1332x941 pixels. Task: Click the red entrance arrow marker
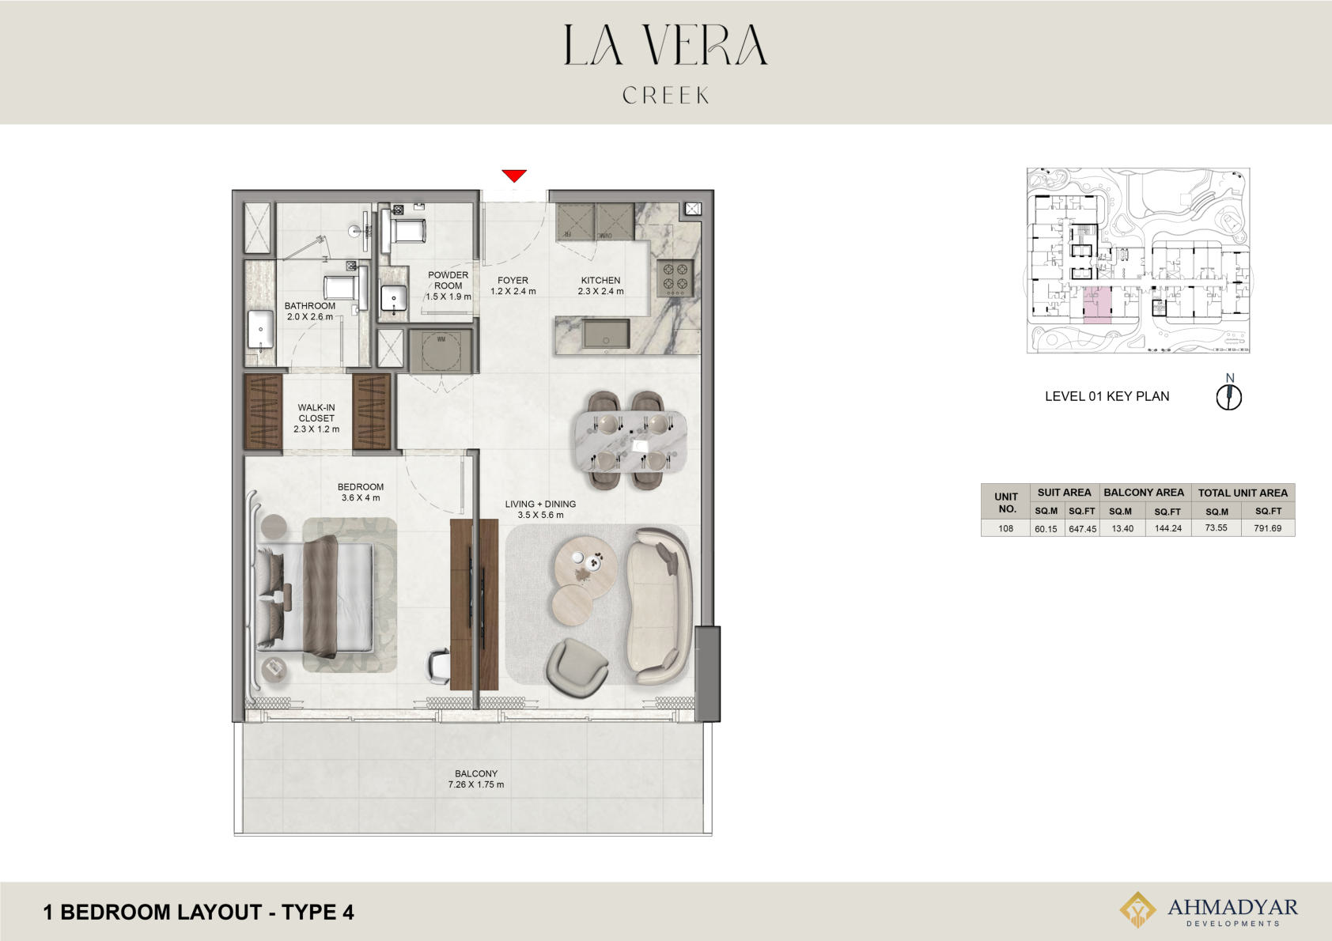[x=514, y=176]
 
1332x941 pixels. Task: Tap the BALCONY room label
[x=475, y=773]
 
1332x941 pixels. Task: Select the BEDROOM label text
[x=361, y=486]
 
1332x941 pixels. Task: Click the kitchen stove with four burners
[x=675, y=278]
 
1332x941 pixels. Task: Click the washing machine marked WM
[x=441, y=351]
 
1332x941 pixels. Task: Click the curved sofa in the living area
[x=659, y=606]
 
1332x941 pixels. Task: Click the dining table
[x=630, y=442]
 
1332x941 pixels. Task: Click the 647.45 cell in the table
[x=1082, y=528]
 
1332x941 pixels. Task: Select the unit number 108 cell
[x=1005, y=528]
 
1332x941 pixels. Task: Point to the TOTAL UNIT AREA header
[x=1242, y=493]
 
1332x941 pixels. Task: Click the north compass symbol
[x=1228, y=396]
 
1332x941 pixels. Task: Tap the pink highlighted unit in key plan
[x=1097, y=304]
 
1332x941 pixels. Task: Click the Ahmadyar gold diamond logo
[x=1137, y=909]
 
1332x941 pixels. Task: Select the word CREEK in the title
[x=666, y=95]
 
